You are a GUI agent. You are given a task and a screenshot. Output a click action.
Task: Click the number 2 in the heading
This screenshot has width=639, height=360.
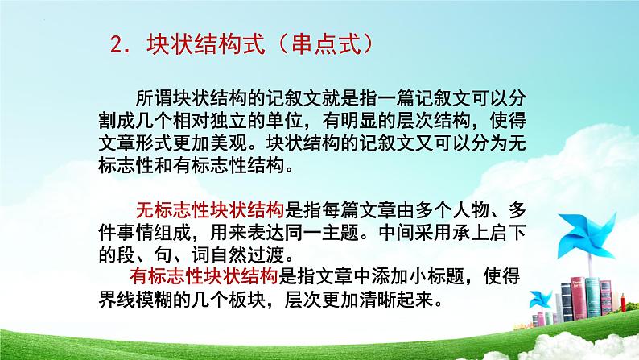[115, 45]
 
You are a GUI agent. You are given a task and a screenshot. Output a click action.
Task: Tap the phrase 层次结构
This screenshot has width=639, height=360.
[447, 121]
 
